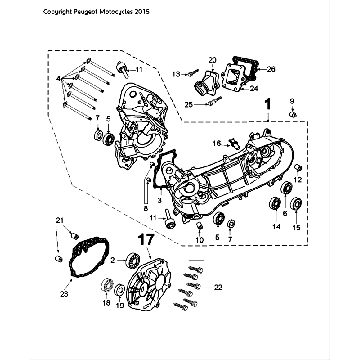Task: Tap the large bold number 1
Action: (x=267, y=105)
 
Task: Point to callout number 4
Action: (x=61, y=76)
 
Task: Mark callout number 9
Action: (x=292, y=102)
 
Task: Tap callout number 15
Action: (x=295, y=228)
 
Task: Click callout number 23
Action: (x=64, y=294)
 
